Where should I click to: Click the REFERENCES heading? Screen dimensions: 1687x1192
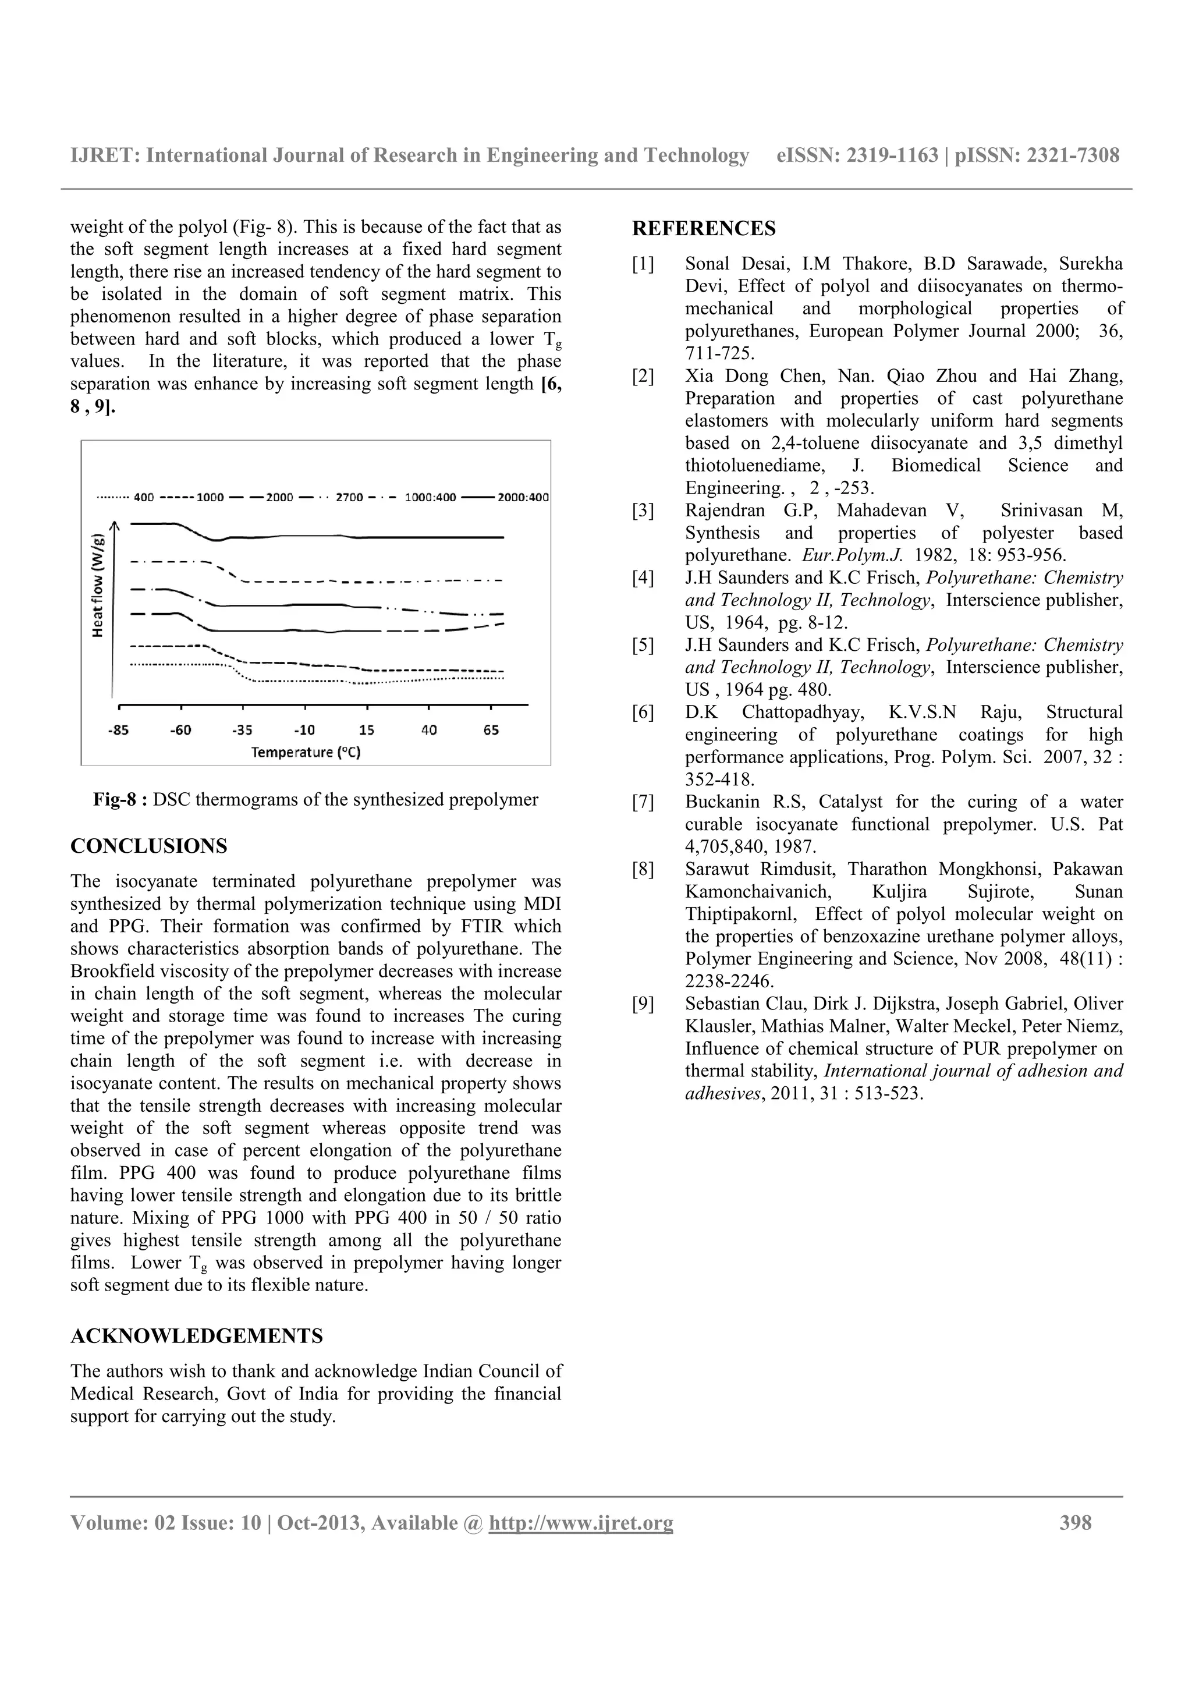(x=703, y=229)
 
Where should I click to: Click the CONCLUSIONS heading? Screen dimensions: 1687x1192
(x=148, y=846)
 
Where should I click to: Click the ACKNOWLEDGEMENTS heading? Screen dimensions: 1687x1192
(x=196, y=1337)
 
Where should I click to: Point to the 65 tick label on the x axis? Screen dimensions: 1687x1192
(x=491, y=731)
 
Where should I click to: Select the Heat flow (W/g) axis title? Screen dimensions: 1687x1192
(x=98, y=586)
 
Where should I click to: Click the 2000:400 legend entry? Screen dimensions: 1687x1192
(x=522, y=498)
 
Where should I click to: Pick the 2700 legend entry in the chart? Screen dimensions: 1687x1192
(x=350, y=498)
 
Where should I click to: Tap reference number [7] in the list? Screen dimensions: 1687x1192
(x=643, y=802)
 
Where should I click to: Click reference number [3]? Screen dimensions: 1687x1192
(x=643, y=511)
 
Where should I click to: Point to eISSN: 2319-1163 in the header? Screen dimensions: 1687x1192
(x=857, y=156)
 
